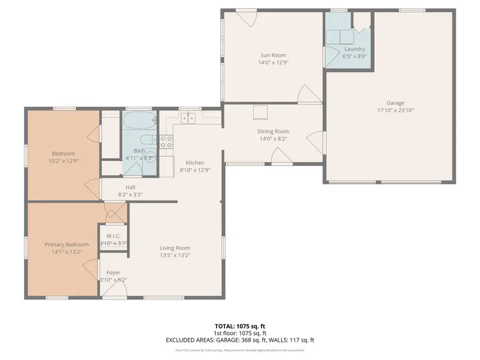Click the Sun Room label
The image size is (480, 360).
pyautogui.click(x=273, y=55)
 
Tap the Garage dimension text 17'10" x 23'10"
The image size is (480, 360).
pyautogui.click(x=395, y=110)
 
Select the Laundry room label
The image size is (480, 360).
pyautogui.click(x=355, y=49)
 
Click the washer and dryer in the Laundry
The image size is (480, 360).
pyautogui.click(x=340, y=37)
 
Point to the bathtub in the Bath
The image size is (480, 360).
pyautogui.click(x=139, y=121)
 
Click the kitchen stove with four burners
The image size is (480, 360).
pyautogui.click(x=166, y=141)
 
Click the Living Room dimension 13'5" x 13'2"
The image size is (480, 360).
pyautogui.click(x=175, y=255)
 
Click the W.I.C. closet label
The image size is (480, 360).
pyautogui.click(x=113, y=236)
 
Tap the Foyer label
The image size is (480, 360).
pyautogui.click(x=113, y=273)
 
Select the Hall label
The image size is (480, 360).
pyautogui.click(x=130, y=187)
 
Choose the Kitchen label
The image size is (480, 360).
pyautogui.click(x=195, y=163)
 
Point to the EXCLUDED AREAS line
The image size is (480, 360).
pyautogui.click(x=239, y=340)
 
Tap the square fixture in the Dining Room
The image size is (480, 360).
pyautogui.click(x=260, y=112)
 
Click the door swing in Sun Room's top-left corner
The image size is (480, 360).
pyautogui.click(x=248, y=19)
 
